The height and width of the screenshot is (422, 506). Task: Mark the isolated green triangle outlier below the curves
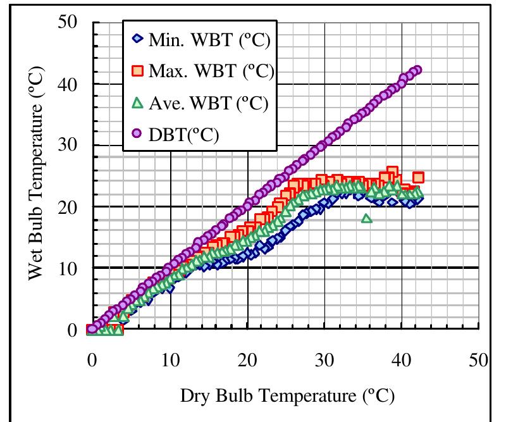[x=367, y=218]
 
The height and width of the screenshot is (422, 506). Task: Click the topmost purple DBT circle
[x=417, y=70]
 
